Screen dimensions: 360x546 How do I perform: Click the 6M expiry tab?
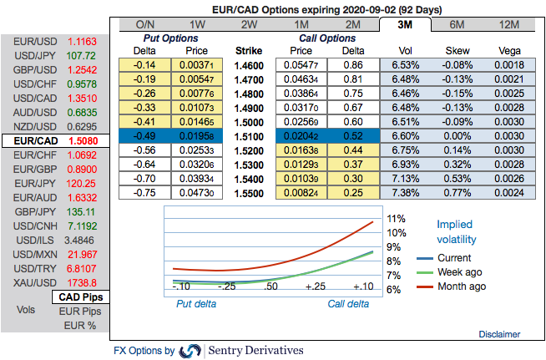click(x=457, y=24)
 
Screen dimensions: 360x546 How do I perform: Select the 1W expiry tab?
click(x=198, y=24)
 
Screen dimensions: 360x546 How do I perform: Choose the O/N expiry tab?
click(x=144, y=24)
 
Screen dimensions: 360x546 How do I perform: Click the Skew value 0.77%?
click(x=457, y=192)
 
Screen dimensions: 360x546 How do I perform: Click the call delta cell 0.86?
click(x=351, y=64)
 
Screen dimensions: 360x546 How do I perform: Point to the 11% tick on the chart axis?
click(x=396, y=219)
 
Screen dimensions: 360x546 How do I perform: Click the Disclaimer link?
click(x=500, y=334)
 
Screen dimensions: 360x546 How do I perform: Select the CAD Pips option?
click(x=80, y=297)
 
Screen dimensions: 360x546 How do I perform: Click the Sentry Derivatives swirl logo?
click(x=190, y=351)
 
